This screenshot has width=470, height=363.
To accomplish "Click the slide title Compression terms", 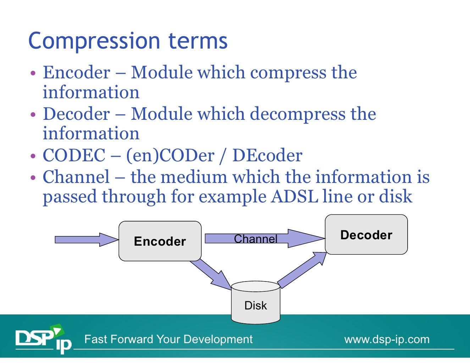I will (x=128, y=41).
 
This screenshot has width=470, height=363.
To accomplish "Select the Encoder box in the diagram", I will (x=160, y=241).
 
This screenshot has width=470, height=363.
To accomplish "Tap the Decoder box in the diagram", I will (x=366, y=235).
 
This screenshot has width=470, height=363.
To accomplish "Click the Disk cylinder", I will (x=255, y=303).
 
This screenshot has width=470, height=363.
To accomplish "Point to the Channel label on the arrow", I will (x=255, y=239).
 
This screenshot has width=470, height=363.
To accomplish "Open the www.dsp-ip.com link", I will (x=387, y=339).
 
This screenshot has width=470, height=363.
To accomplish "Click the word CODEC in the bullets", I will (x=74, y=155).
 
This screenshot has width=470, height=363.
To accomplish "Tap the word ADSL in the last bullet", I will (x=294, y=196).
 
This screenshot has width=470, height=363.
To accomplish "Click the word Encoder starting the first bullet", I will (x=76, y=73).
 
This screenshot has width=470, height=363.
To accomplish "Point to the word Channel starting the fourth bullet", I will (x=76, y=177).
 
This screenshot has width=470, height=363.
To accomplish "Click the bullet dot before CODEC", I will (x=33, y=156).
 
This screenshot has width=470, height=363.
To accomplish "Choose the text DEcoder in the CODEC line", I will (x=267, y=155).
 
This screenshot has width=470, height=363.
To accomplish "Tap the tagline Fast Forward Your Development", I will (x=168, y=339).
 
